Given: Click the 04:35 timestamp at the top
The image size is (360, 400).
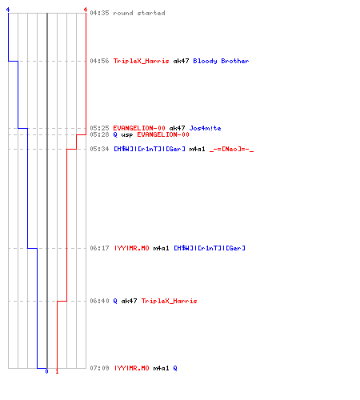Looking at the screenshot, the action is tap(99, 13).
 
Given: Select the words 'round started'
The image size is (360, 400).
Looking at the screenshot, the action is tap(139, 13).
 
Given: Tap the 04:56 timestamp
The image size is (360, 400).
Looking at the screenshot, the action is tap(99, 61).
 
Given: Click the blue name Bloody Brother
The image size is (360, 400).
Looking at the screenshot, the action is tap(221, 61).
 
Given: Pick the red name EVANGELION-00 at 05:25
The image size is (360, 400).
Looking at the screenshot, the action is tap(139, 128).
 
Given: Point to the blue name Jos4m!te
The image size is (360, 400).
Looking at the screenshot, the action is tap(205, 128).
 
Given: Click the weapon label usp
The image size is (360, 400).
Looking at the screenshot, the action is tap(127, 134).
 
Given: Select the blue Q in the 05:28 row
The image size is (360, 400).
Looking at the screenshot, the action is tap(115, 134).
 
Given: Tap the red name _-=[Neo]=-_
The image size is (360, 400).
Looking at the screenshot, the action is tap(231, 149).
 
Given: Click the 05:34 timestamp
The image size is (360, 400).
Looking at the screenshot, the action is tap(99, 149).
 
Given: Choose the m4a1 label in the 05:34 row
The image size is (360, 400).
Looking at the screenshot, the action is tap(197, 149).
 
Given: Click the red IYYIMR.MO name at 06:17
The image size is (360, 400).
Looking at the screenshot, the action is tap(131, 248).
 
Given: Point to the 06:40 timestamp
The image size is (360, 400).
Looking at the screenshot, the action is tap(99, 301).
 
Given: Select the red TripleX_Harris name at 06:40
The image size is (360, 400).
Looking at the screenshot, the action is tap(169, 301).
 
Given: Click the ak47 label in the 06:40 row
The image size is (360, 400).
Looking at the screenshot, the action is tap(129, 301).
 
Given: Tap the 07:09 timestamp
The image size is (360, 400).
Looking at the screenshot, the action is tap(99, 368).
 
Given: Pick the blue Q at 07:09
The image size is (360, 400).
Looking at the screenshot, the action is tap(175, 368).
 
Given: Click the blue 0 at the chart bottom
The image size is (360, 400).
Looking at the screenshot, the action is tap(46, 371).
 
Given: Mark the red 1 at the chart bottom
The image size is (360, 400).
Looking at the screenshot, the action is tap(57, 371).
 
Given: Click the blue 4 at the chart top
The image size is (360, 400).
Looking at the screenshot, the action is tap(8, 10).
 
